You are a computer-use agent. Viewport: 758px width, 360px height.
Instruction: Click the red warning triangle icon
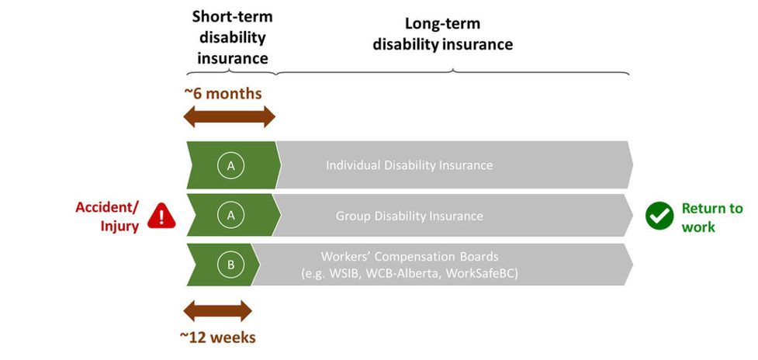click(161, 215)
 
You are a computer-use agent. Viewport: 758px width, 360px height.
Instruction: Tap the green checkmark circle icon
click(659, 216)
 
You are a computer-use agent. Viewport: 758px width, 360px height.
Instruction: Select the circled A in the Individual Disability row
click(230, 165)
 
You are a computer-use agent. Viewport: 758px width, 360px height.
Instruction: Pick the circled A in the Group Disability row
click(230, 216)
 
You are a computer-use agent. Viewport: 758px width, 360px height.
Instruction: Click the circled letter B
click(230, 265)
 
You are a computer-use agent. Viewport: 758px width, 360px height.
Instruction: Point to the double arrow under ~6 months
click(229, 117)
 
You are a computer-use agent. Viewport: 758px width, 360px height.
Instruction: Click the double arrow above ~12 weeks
click(217, 311)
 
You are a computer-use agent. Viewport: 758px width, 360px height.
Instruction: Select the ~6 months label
click(223, 94)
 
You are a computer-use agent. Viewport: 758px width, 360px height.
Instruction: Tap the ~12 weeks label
click(219, 337)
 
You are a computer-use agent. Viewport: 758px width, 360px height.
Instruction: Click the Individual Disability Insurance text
click(409, 165)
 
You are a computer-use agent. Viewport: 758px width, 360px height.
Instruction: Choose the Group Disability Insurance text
click(409, 216)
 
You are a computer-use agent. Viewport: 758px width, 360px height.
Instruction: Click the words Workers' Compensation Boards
click(409, 257)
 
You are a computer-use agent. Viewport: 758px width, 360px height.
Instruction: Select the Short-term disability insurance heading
click(232, 37)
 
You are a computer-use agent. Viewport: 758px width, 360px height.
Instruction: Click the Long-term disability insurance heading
click(442, 34)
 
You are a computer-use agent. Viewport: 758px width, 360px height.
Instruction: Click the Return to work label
click(711, 217)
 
